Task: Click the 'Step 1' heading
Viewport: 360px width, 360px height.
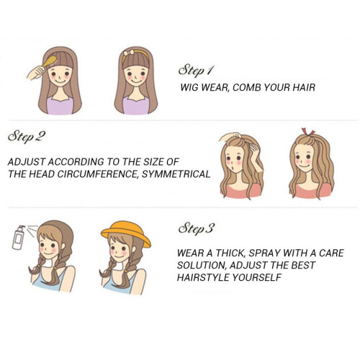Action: [x=196, y=71]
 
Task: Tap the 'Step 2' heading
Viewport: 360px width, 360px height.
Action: [x=26, y=137]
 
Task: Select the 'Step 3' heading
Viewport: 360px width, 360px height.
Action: [x=196, y=229]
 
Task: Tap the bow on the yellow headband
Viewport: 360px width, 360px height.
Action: [x=129, y=53]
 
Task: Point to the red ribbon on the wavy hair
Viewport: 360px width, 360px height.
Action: [x=308, y=132]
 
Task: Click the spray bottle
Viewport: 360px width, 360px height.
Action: [x=19, y=238]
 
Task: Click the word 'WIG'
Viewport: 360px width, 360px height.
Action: [x=189, y=87]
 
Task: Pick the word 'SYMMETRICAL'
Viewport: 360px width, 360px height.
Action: [x=176, y=174]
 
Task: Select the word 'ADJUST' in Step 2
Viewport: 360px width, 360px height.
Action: [x=27, y=162]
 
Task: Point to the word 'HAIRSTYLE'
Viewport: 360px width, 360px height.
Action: [x=203, y=277]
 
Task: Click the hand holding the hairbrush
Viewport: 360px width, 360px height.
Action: [x=35, y=73]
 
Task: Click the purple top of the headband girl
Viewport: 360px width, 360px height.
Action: [x=136, y=106]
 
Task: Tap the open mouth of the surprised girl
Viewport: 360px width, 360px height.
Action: [x=232, y=166]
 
